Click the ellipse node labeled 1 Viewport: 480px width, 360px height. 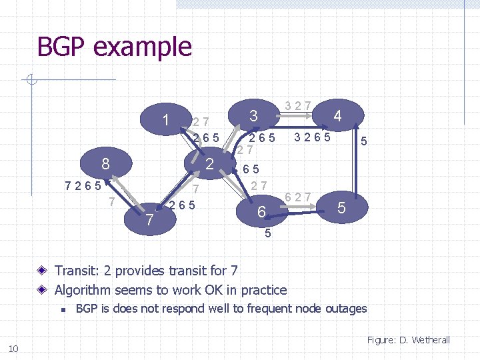(164, 119)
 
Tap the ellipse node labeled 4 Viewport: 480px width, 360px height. (337, 116)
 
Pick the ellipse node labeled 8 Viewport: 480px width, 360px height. (105, 163)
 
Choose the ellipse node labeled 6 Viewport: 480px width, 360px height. (262, 212)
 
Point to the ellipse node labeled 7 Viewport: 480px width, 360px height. (150, 219)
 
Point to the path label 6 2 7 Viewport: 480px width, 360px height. (297, 197)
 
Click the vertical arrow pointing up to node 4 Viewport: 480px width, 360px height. (359, 160)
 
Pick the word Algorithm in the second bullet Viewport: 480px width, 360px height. (85, 290)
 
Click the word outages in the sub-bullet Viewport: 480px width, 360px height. (345, 309)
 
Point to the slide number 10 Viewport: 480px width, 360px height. (13, 349)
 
